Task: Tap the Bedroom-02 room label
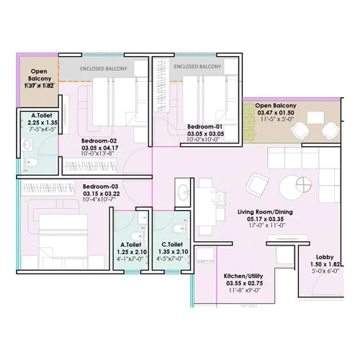point(99,141)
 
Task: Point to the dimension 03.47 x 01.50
point(276,113)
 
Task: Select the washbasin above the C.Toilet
point(184,192)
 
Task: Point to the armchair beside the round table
point(257,186)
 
